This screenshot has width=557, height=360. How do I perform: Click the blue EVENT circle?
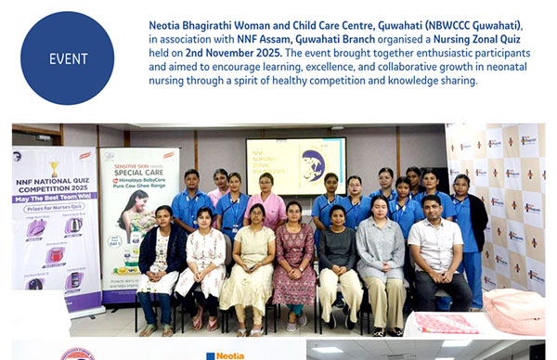[67, 58]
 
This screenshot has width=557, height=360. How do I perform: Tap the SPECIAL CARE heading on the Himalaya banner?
[138, 173]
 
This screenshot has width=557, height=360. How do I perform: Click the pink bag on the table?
[515, 310]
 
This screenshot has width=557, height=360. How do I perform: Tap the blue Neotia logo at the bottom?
[224, 354]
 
